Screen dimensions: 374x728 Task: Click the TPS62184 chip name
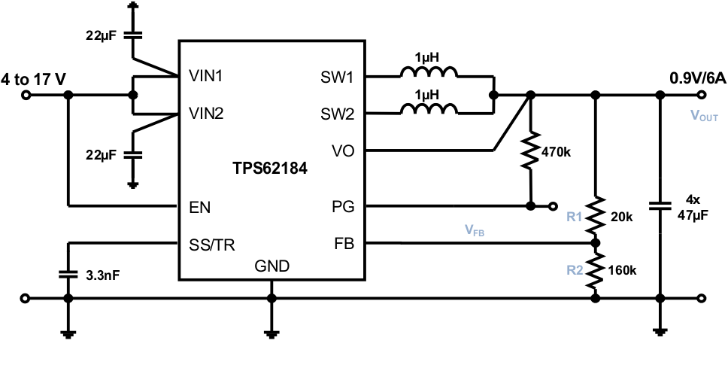269,170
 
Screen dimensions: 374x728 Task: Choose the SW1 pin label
337,77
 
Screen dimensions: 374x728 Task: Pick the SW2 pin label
337,114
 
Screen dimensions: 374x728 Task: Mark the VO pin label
342,151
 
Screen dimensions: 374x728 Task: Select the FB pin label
343,244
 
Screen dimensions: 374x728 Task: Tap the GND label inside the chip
271,266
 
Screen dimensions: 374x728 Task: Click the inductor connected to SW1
428,74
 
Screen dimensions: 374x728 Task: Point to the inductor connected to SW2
428,111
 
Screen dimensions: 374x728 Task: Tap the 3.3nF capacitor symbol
68,275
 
